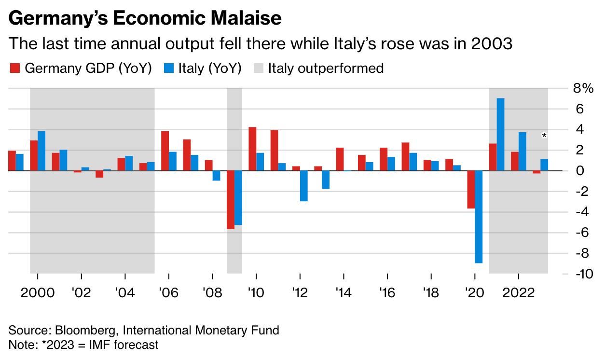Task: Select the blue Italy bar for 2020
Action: tap(479, 217)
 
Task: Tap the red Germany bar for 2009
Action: tap(230, 199)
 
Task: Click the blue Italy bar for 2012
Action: tap(303, 186)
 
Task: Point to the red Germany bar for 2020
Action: tap(471, 189)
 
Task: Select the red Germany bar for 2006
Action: tap(165, 151)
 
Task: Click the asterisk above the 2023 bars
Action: tap(544, 136)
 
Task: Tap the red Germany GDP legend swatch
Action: tap(14, 69)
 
